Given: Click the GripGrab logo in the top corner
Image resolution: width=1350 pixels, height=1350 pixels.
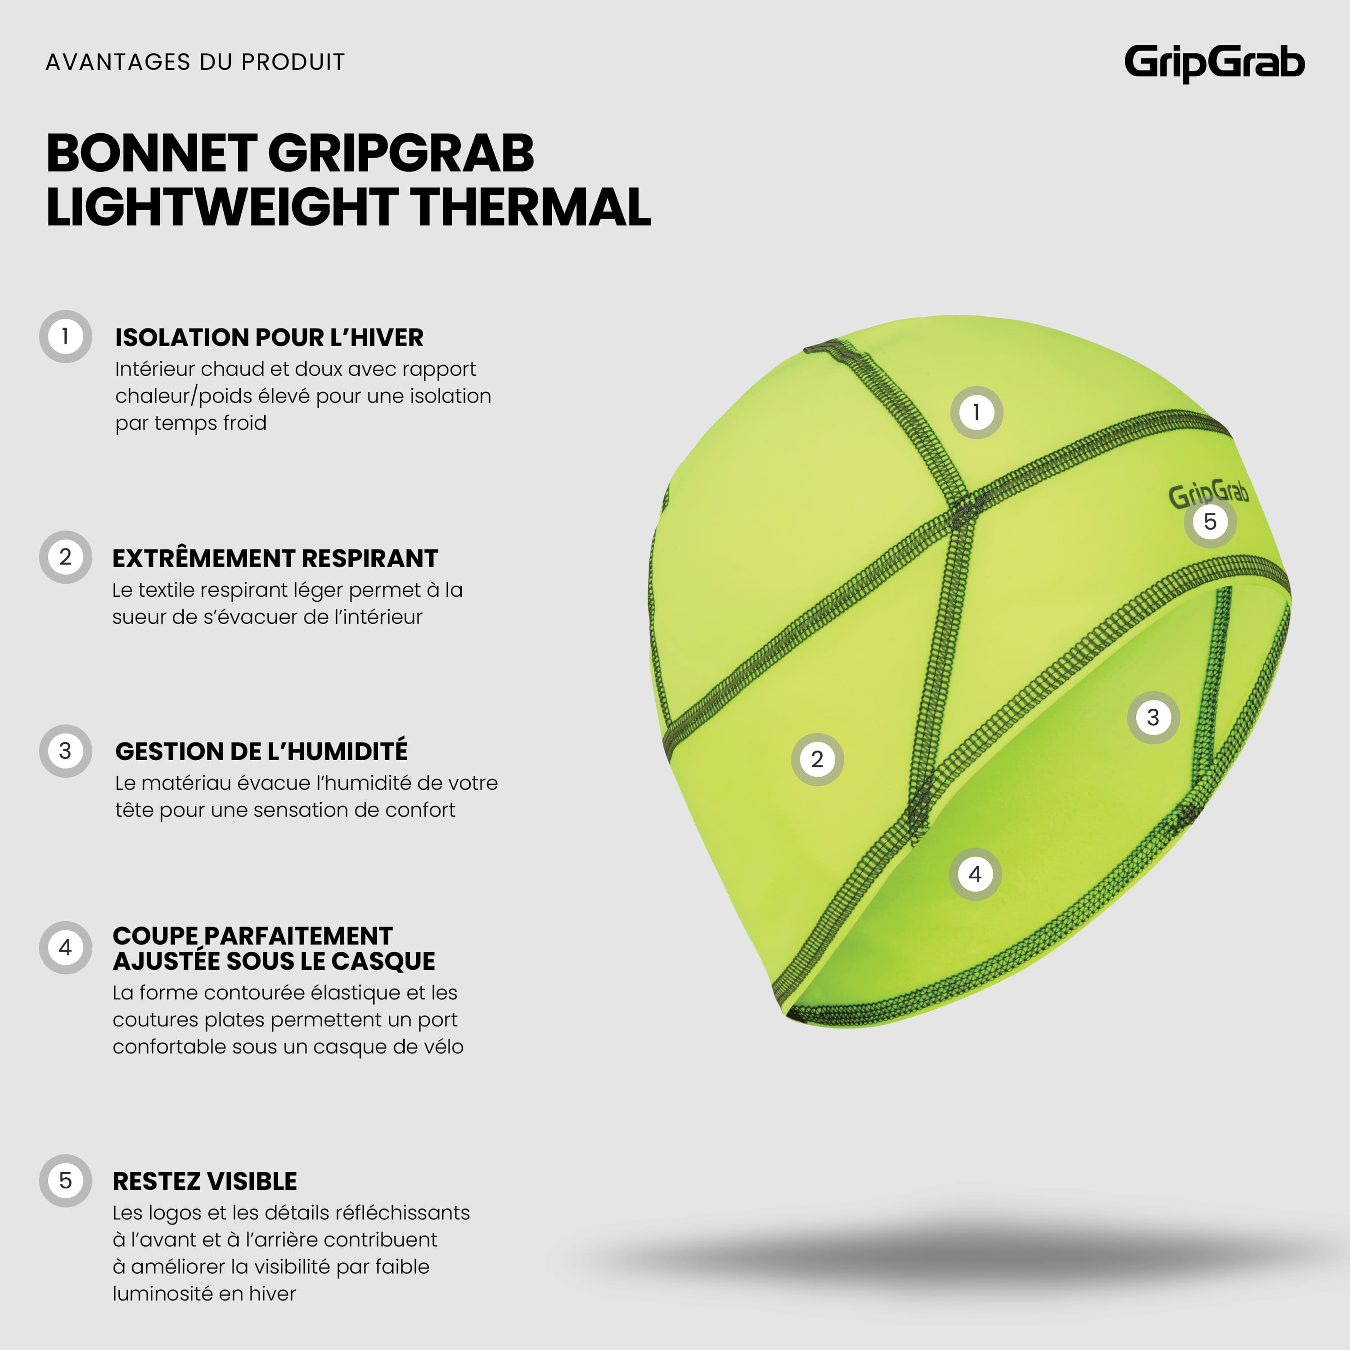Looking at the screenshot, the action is click(1215, 63).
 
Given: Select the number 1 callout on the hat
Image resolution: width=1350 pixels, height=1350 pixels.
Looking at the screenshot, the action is click(976, 412).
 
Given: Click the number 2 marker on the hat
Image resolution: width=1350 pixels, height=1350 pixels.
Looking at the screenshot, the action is click(817, 760).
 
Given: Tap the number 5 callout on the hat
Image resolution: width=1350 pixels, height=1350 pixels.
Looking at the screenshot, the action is click(1210, 521).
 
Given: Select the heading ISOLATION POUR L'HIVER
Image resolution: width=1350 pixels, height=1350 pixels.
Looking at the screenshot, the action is click(269, 337).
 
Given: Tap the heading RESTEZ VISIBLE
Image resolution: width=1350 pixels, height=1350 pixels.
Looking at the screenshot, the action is click(205, 1181).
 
